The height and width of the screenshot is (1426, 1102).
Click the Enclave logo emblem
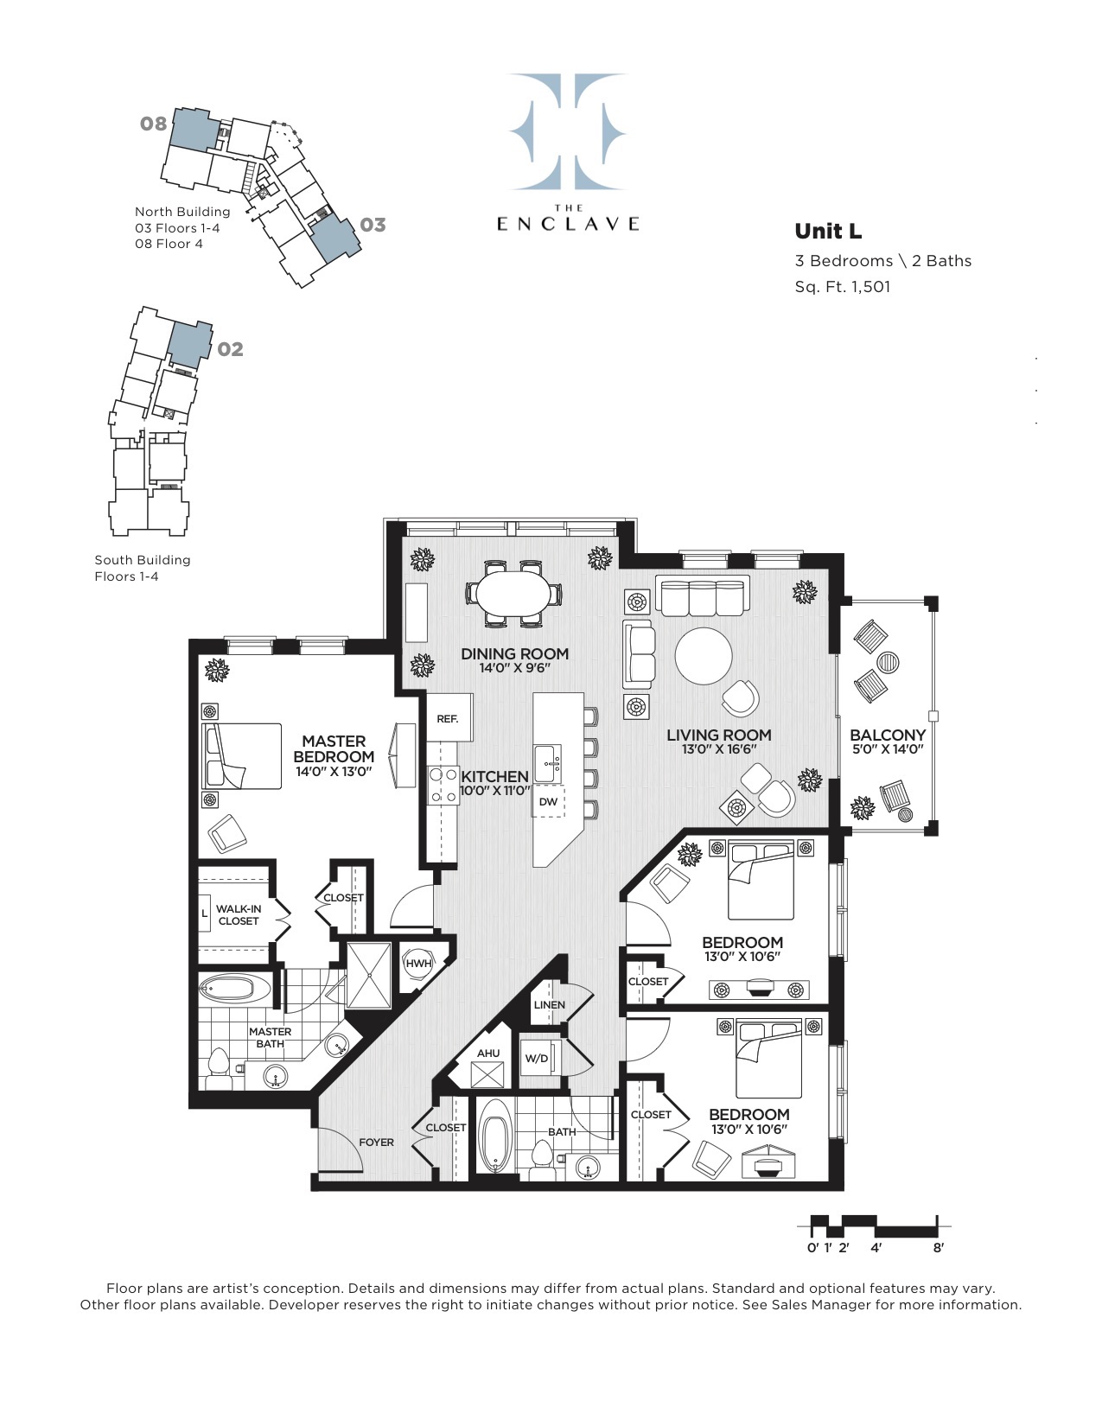(567, 131)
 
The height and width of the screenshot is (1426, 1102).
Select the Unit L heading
(828, 231)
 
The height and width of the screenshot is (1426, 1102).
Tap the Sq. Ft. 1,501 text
(842, 287)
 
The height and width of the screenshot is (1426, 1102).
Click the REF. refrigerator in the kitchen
(448, 718)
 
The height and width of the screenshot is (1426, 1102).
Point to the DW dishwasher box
(548, 801)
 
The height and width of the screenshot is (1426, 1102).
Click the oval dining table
(514, 593)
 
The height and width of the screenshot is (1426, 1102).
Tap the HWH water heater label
(418, 964)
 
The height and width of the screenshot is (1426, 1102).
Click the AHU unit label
(488, 1054)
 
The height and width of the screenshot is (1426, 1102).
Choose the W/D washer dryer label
(537, 1059)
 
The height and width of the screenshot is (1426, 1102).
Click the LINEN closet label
(549, 1005)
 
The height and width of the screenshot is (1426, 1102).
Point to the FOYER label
(376, 1143)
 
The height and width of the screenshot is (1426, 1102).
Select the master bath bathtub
(234, 989)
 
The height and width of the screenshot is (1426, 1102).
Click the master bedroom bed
(242, 756)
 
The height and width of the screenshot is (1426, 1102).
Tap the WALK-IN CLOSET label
(238, 915)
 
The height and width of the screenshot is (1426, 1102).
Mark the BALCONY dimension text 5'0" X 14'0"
(888, 749)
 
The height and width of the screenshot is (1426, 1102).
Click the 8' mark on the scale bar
(938, 1247)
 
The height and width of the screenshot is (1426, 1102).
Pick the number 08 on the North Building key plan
(153, 124)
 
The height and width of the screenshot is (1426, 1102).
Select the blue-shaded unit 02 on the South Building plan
(189, 343)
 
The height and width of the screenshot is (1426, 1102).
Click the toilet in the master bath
(218, 1070)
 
